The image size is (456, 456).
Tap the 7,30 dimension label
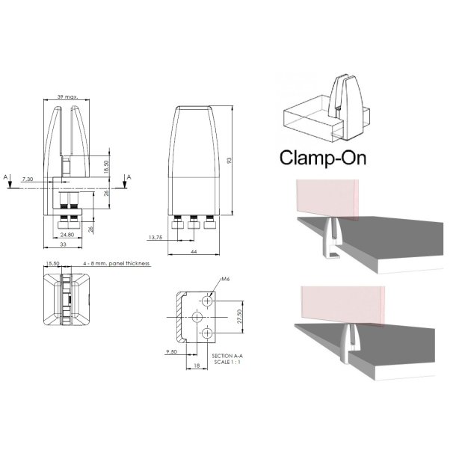pyautogui.click(x=28, y=180)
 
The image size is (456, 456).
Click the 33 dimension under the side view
pyautogui.click(x=66, y=245)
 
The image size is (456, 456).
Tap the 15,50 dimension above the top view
pyautogui.click(x=53, y=264)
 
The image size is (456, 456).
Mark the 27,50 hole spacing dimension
pyautogui.click(x=238, y=316)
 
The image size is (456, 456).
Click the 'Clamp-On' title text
pyautogui.click(x=321, y=158)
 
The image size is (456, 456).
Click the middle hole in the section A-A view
pyautogui.click(x=199, y=316)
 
